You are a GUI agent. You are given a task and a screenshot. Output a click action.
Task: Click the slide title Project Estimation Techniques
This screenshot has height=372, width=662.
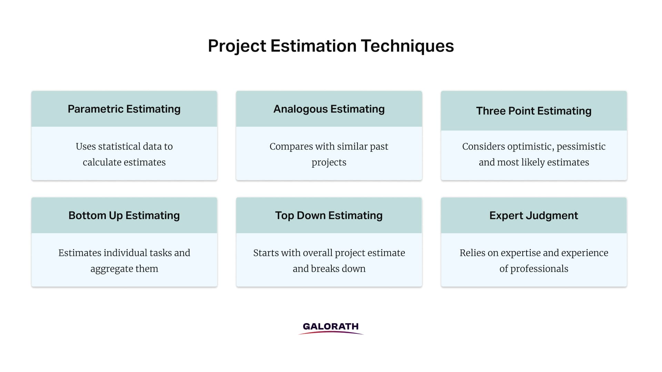click(x=331, y=46)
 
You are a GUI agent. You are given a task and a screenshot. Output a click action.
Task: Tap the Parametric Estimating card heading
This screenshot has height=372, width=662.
click(x=124, y=109)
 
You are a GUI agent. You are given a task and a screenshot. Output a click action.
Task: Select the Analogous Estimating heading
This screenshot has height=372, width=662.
click(x=329, y=109)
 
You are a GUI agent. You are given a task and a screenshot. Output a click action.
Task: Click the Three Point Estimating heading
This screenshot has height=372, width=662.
click(x=534, y=111)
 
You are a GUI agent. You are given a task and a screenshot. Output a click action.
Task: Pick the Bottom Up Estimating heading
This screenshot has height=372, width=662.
click(x=124, y=215)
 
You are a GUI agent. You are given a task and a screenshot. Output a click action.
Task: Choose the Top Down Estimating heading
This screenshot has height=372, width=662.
click(x=329, y=215)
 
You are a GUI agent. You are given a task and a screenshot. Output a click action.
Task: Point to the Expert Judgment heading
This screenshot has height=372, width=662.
click(x=534, y=215)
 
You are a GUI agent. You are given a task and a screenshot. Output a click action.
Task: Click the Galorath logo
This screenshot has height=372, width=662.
click(x=331, y=328)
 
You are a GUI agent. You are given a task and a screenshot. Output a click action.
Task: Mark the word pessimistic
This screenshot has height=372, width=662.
click(x=581, y=147)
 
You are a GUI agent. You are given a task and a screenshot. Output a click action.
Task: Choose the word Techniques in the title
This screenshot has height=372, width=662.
click(x=407, y=46)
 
